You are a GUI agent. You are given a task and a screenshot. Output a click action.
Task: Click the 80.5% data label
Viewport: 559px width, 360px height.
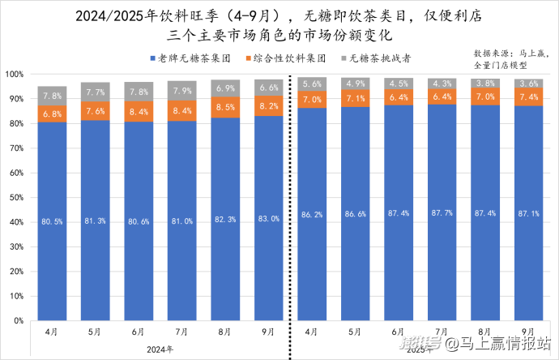(51, 220)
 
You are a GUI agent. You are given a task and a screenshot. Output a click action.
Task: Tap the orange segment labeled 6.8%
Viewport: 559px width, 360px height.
(51, 114)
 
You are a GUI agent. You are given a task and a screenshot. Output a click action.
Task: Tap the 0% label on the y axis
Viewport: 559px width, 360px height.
(18, 321)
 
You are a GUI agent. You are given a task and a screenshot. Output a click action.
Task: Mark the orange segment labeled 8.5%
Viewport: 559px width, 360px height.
(225, 107)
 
